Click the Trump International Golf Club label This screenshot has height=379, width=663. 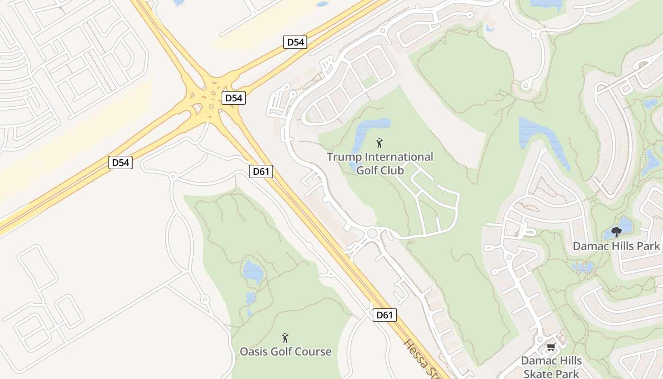(380, 163)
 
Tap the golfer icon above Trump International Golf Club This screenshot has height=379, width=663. (379, 143)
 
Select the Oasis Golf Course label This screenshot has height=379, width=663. (285, 352)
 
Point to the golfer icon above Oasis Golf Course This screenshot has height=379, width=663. (285, 337)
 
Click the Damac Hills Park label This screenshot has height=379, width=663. (616, 246)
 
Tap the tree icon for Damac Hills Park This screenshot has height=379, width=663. (616, 232)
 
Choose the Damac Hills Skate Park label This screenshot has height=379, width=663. (551, 367)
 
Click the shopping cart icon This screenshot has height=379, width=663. (551, 347)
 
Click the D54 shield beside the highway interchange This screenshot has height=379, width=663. (233, 98)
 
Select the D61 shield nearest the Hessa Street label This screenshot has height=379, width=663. (384, 315)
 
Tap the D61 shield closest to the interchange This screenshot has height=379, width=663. (261, 171)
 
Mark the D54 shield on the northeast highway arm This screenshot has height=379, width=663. (296, 42)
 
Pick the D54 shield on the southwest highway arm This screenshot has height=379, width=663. (120, 162)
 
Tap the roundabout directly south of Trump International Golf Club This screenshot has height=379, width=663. (372, 233)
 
